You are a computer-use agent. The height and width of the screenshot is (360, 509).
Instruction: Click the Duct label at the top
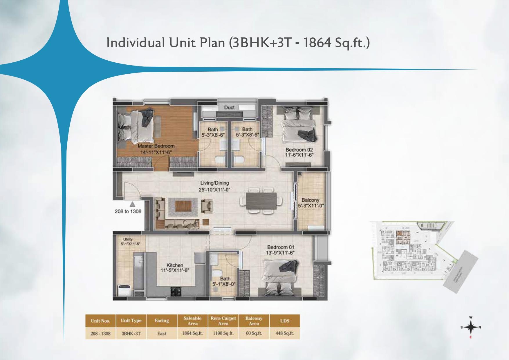point(229,107)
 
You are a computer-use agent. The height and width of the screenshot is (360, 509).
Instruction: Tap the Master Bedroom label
point(156,146)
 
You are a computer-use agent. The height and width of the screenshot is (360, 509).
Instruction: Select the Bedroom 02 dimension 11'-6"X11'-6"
point(299,155)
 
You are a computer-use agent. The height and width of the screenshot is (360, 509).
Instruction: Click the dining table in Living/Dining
point(261,201)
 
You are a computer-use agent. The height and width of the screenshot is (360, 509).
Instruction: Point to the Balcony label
point(310,200)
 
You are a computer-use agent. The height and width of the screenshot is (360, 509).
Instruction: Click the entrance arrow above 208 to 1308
point(132,204)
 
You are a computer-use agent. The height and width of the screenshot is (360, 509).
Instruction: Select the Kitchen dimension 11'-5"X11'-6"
point(175,270)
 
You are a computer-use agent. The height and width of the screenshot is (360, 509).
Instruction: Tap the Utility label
point(128,239)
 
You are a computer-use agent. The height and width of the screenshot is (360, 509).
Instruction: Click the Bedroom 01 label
point(281,247)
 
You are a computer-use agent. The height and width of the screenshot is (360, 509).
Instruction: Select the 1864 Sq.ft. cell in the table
point(192,333)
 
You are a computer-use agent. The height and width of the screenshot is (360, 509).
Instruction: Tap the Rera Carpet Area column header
point(223,321)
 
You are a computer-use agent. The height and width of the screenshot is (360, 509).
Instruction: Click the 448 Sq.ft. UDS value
point(284,333)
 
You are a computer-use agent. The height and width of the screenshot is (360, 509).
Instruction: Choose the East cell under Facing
point(162,334)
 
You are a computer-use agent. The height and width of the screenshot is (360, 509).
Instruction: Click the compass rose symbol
point(470,328)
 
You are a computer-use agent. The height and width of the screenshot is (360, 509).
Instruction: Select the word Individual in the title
point(136,43)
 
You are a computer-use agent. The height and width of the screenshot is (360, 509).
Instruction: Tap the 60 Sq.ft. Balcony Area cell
point(254,333)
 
